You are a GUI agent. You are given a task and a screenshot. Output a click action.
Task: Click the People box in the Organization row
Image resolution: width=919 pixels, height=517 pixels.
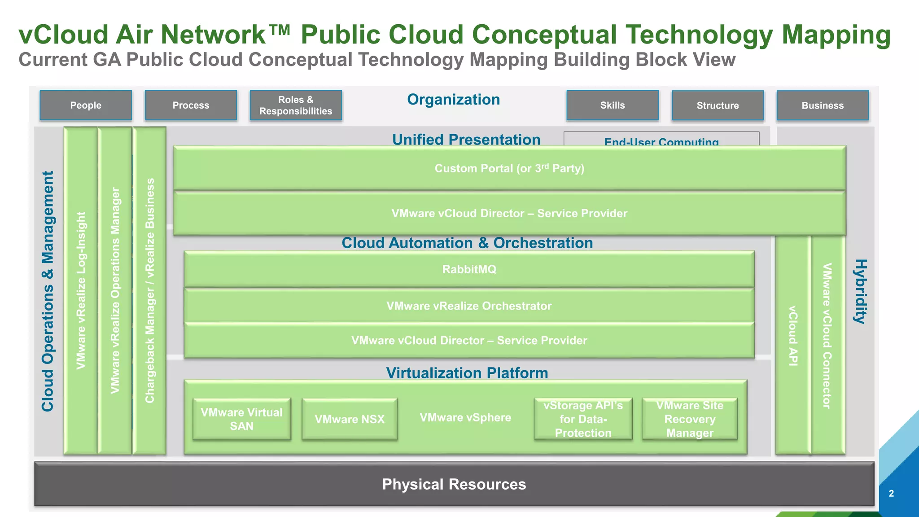pos(86,105)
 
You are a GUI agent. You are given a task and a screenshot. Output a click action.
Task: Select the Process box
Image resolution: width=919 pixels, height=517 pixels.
pos(191,105)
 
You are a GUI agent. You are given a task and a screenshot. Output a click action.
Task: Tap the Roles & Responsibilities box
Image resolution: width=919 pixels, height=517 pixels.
pos(296,105)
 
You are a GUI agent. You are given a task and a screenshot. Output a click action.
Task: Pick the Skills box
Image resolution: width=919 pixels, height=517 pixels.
pos(613,105)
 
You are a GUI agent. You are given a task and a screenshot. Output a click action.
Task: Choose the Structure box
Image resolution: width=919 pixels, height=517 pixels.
pos(718,106)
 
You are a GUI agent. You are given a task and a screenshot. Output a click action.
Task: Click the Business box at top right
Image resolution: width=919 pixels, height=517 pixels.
pos(823,106)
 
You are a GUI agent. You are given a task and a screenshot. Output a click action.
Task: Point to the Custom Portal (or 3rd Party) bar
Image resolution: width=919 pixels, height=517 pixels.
pos(509,168)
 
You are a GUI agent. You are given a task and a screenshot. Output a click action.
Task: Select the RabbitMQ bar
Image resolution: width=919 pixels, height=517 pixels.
pos(469,269)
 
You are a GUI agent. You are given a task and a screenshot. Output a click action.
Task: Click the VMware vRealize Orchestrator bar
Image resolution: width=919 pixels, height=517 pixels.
pos(469,306)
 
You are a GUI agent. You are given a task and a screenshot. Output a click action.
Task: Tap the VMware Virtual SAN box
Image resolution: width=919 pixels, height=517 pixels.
pos(241,419)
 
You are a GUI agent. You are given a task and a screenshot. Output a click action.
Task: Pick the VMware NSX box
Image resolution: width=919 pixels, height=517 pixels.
pos(350,419)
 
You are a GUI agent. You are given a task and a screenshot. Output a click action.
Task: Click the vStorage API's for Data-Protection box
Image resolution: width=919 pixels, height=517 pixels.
pos(583,419)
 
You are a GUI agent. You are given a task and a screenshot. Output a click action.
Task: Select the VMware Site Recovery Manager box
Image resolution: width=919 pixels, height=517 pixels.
pos(690,419)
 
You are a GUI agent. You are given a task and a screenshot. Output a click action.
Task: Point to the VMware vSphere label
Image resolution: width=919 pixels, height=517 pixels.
pos(465,417)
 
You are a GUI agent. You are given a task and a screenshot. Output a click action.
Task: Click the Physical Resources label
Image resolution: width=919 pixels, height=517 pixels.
pos(454,484)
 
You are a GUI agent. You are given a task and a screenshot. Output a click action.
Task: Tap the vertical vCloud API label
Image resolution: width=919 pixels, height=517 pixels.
pos(793,336)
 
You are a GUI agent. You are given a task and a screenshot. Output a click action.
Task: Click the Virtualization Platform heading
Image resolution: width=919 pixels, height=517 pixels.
pos(467,373)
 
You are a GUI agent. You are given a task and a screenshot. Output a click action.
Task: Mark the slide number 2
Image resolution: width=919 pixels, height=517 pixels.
pos(891,494)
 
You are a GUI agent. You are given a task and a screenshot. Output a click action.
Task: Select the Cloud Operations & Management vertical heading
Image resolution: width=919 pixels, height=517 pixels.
pos(48,291)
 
